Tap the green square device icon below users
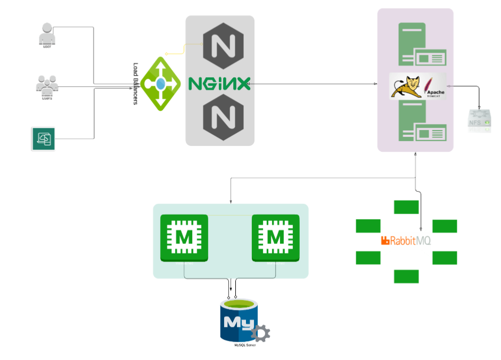coord(43,139)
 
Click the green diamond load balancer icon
coord(160,84)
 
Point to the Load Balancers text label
coord(135,84)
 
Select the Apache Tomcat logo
coord(418,86)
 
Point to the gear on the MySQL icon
coord(260,333)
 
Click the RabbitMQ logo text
coord(406,241)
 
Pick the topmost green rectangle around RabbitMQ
coord(406,207)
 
